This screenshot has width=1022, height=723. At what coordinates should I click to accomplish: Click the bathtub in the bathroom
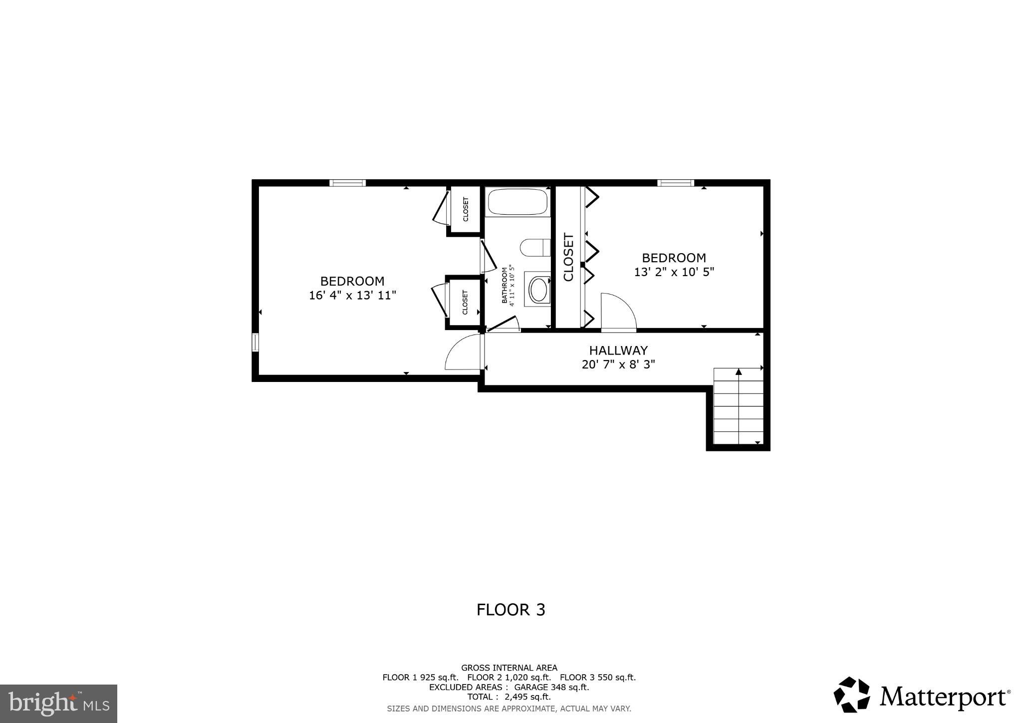(x=517, y=202)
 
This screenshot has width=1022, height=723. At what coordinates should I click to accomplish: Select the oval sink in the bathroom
(x=538, y=290)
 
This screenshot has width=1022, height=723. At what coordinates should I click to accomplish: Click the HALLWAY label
(x=618, y=351)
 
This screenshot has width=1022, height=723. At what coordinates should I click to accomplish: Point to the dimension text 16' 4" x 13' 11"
(x=352, y=296)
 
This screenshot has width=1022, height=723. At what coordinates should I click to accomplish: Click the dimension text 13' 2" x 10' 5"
(x=674, y=273)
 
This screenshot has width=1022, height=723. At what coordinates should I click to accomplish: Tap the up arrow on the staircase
(x=739, y=372)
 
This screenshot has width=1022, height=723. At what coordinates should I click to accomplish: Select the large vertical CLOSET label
(x=568, y=257)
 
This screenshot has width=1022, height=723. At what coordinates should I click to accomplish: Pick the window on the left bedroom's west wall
(x=255, y=343)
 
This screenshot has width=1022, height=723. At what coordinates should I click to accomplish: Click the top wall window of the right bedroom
(x=675, y=183)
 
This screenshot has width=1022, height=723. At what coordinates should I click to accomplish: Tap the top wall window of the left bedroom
(x=347, y=183)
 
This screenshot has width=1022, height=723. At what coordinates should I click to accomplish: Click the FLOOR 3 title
(x=511, y=610)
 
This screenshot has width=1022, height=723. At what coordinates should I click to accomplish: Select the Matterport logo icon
(x=851, y=695)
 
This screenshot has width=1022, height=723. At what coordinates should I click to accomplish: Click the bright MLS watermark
(x=58, y=704)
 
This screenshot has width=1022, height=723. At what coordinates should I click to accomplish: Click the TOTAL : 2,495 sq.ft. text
(x=509, y=697)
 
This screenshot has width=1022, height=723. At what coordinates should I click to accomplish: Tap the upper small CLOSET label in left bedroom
(x=466, y=209)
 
